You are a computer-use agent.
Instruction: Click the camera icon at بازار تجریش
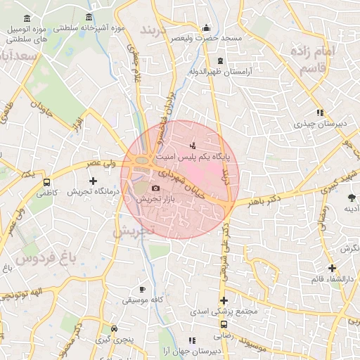click(x=155, y=188)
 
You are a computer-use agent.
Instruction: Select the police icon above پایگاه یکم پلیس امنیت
click(x=193, y=146)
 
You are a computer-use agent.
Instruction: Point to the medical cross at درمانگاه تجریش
click(x=92, y=181)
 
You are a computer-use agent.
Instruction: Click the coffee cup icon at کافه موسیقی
click(x=142, y=288)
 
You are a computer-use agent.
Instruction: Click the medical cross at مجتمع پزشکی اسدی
click(x=224, y=301)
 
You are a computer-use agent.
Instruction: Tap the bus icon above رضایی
click(x=224, y=325)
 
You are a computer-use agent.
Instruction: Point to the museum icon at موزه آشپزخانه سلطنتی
click(x=89, y=17)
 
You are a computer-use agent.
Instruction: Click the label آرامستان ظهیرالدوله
click(x=221, y=72)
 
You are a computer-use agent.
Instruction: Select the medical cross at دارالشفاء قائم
click(x=332, y=268)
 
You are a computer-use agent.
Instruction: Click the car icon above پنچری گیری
click(x=115, y=328)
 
